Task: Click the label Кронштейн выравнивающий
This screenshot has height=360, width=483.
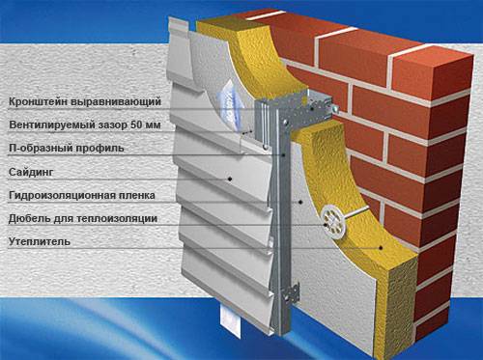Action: click(85, 101)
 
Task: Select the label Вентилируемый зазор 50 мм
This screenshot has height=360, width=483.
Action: click(85, 125)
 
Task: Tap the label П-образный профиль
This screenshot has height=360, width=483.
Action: click(67, 149)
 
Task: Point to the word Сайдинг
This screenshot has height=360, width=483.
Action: click(31, 172)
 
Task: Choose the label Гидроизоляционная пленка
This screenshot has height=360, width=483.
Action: click(82, 195)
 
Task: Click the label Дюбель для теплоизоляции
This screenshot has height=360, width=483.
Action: click(83, 219)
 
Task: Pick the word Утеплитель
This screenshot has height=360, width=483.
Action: click(40, 241)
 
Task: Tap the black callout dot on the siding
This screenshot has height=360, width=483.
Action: click(230, 179)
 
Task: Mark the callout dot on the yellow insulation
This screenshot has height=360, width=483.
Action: click(381, 248)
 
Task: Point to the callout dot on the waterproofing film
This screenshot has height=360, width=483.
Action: click(300, 202)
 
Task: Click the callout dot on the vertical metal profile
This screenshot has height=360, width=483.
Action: click(284, 154)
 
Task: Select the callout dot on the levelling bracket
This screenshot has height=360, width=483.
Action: click(312, 109)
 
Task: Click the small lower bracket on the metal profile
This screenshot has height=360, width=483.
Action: click(291, 293)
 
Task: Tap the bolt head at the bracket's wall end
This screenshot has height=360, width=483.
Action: click(335, 108)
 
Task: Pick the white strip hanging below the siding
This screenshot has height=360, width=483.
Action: click(231, 321)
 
